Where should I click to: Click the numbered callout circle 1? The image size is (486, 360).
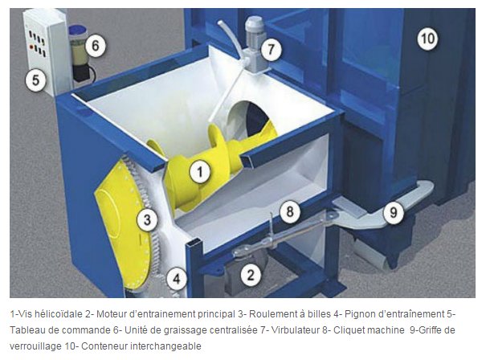(x=200, y=172)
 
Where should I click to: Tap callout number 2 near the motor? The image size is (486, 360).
(x=251, y=275)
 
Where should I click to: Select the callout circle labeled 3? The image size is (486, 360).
(x=147, y=219)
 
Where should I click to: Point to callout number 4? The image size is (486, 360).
(x=177, y=279)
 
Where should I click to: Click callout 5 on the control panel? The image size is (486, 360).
(x=35, y=80)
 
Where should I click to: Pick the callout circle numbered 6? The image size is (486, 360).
(x=95, y=46)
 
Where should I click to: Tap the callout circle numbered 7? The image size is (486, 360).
(x=271, y=49)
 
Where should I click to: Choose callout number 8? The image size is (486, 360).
(x=290, y=212)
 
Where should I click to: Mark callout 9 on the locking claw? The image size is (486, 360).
(x=394, y=212)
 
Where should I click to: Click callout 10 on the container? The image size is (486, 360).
(x=427, y=39)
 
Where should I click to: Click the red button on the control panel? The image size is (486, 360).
(x=31, y=47)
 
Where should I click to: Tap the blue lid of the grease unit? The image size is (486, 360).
(x=77, y=31)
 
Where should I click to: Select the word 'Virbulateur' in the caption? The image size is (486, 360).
(x=295, y=330)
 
